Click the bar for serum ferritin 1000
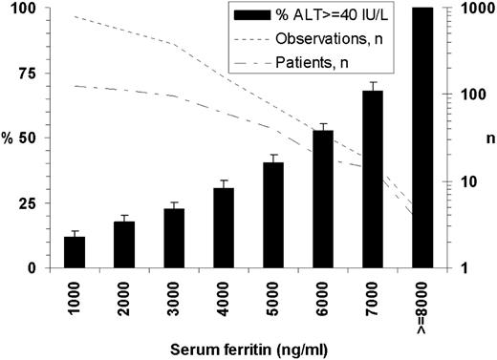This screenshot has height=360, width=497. click(x=75, y=252)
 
